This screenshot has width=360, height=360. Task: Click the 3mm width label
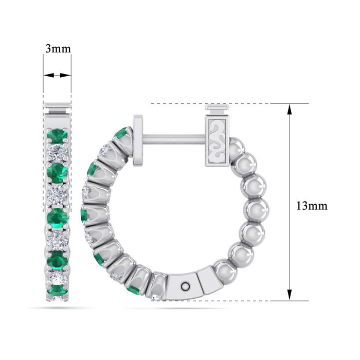pos(58,49)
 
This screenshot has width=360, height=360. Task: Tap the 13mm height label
pos(312,206)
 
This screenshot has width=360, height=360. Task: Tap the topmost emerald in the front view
pos(57,136)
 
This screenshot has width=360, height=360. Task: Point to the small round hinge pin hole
pos(186,284)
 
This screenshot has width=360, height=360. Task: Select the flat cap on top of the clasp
pos(219,110)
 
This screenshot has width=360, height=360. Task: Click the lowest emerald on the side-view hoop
pos(134,290)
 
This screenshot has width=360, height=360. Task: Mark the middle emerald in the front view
pos(57,218)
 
